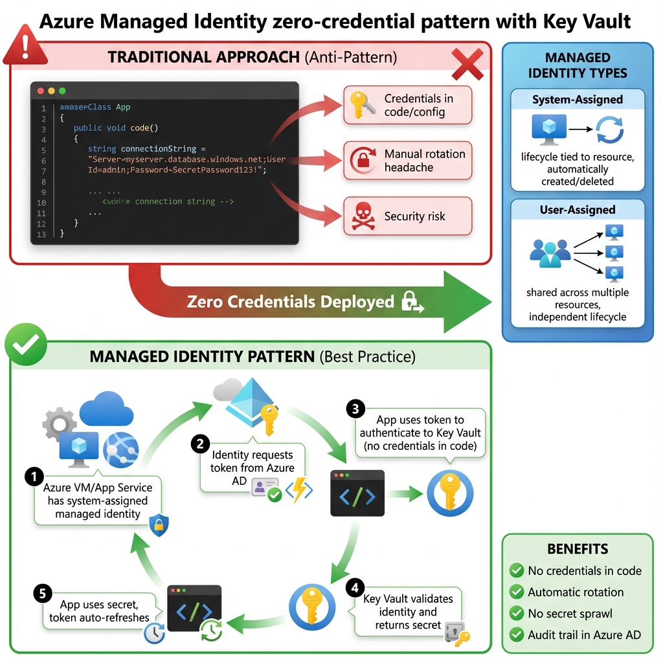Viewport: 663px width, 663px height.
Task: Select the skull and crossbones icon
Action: pyautogui.click(x=363, y=216)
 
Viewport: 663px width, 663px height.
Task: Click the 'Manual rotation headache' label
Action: pyautogui.click(x=424, y=161)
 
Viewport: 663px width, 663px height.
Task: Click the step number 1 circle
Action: pyautogui.click(x=33, y=477)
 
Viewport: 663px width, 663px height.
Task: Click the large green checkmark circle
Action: pyautogui.click(x=26, y=344)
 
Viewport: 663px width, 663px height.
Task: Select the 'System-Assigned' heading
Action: pyautogui.click(x=577, y=100)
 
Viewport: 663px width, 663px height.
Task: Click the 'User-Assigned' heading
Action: pyautogui.click(x=577, y=210)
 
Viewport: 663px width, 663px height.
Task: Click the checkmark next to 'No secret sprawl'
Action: pyautogui.click(x=516, y=613)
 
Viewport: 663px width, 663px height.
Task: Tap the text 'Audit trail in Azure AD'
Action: pyautogui.click(x=584, y=635)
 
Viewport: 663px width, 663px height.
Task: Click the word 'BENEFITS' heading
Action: pyautogui.click(x=578, y=549)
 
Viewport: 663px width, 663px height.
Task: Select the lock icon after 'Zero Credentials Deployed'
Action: pyautogui.click(x=411, y=301)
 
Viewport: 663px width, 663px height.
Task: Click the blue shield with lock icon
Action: pyautogui.click(x=159, y=525)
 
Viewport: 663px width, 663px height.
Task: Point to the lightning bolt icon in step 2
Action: pyautogui.click(x=298, y=490)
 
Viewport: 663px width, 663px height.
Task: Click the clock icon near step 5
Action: pyautogui.click(x=154, y=633)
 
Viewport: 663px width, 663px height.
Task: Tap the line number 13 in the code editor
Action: pyautogui.click(x=42, y=234)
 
